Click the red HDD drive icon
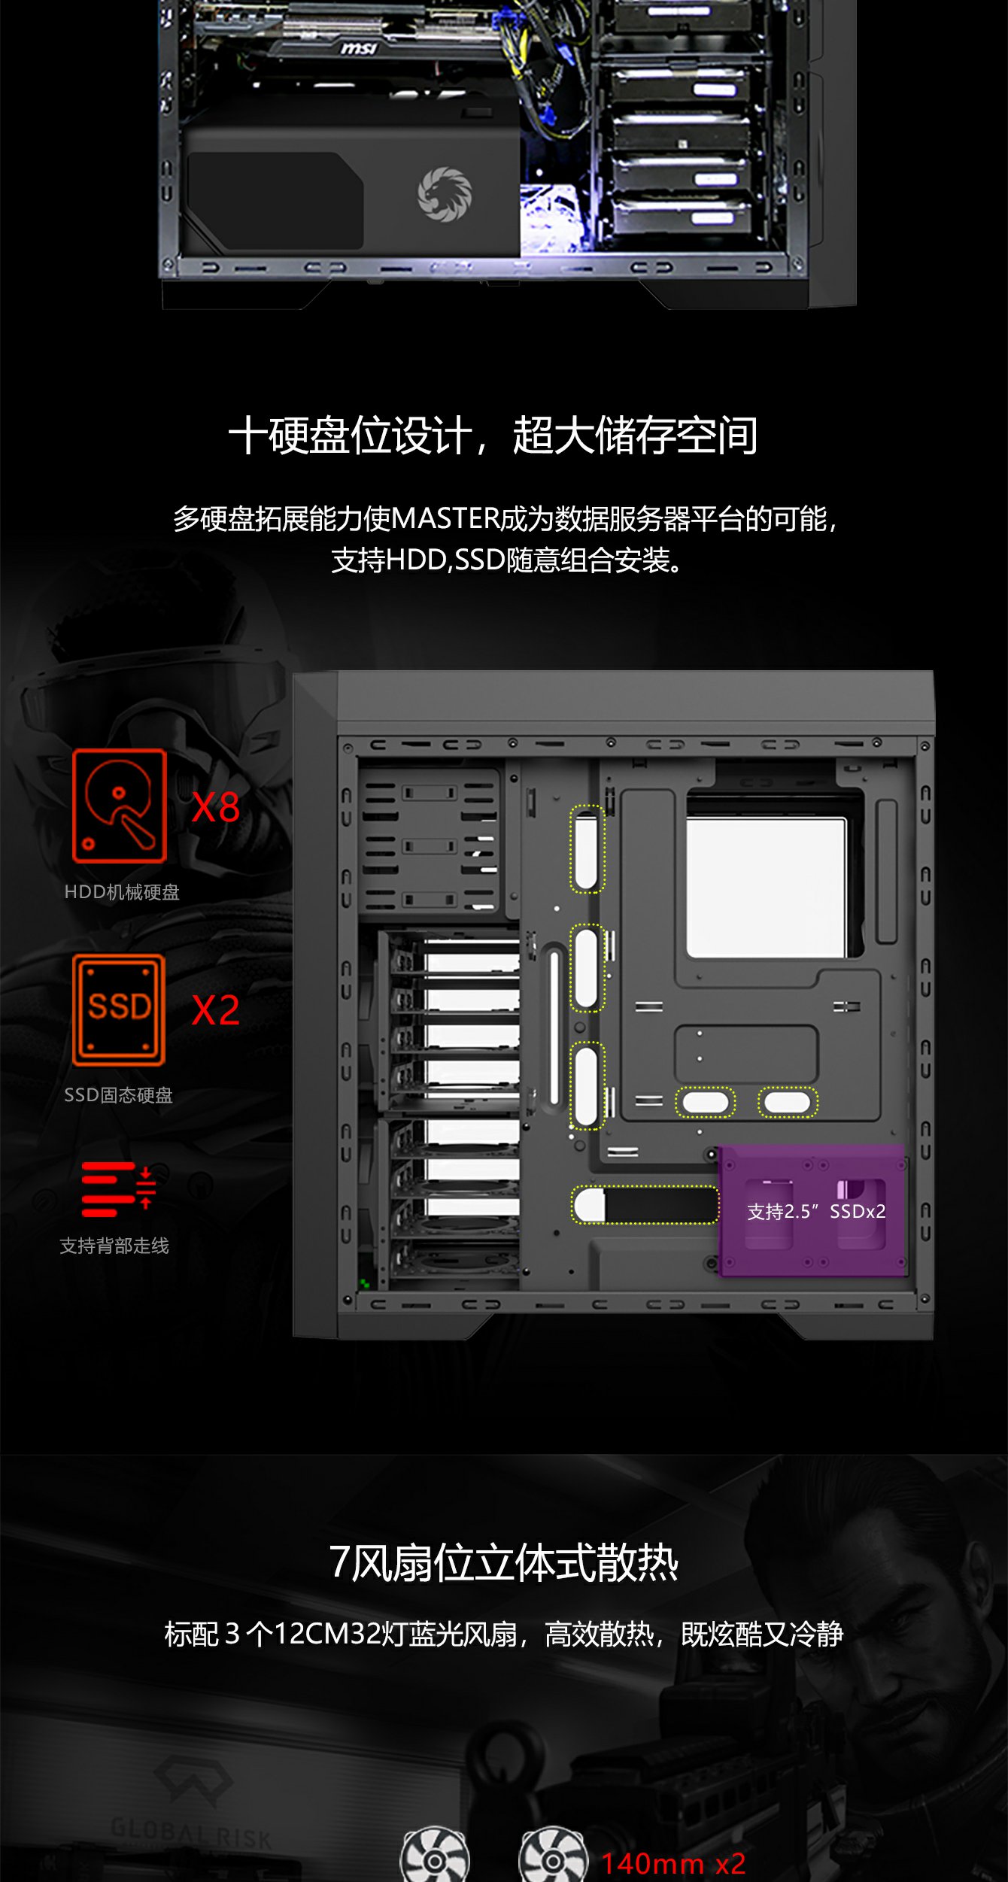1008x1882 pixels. [119, 806]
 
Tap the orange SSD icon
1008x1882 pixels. [119, 1009]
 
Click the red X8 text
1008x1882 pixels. [215, 807]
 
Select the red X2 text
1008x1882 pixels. [215, 1009]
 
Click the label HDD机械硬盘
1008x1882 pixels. [122, 892]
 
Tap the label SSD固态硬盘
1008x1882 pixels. [118, 1095]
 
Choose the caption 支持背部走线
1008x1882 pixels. [114, 1246]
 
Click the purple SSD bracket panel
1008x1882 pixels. [812, 1210]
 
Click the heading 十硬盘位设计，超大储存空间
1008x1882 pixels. [493, 436]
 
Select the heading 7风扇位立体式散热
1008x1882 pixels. [504, 1562]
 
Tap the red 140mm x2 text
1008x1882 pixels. [673, 1862]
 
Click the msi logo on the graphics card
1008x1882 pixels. [359, 49]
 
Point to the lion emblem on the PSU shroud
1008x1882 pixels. [445, 194]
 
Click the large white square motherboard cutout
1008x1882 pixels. [767, 888]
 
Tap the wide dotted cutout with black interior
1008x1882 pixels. [645, 1204]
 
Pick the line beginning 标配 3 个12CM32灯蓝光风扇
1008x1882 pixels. [504, 1634]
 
